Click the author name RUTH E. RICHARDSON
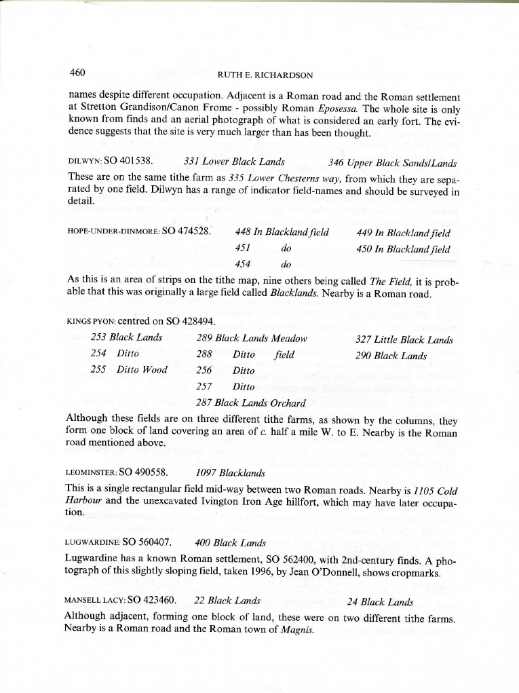[x=265, y=75]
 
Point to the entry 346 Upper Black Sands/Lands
[x=392, y=163]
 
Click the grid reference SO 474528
[x=187, y=231]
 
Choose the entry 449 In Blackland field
[x=403, y=233]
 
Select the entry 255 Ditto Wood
[x=129, y=370]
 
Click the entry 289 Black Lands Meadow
[x=251, y=338]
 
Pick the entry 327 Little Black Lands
[x=404, y=340]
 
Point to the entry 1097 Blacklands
[x=220, y=473]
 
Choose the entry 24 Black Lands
[x=380, y=601]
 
